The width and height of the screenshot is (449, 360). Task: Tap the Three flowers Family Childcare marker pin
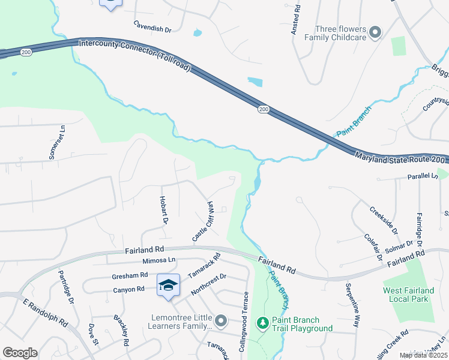pos(375,32)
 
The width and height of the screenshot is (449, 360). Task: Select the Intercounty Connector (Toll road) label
pos(135,55)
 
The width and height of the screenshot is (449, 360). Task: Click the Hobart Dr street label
pos(163,209)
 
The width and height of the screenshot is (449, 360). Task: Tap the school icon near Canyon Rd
pos(169,284)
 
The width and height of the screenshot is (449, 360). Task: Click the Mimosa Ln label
pos(158,260)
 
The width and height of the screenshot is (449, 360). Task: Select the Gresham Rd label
pos(130,275)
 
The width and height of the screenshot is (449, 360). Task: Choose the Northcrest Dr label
pos(208,284)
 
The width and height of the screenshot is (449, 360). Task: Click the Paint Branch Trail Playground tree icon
pos(262,323)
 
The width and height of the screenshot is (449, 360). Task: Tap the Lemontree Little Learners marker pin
pos(221,322)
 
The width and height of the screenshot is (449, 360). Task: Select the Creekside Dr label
pos(383,220)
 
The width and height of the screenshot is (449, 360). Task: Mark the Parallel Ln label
pos(422,176)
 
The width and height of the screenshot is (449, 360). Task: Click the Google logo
pos(20,353)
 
